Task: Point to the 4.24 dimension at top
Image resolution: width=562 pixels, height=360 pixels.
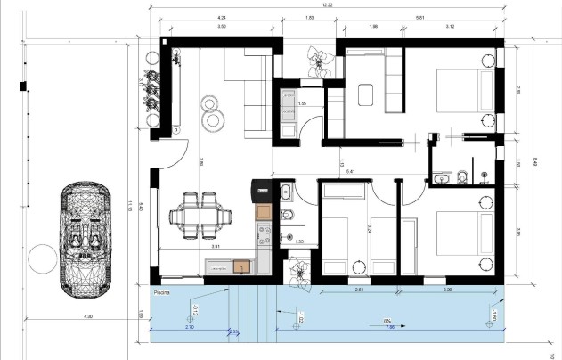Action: coord(220,17)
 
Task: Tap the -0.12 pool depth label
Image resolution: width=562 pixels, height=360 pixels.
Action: coord(194,310)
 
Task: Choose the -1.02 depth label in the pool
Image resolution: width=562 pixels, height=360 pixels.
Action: coord(300,316)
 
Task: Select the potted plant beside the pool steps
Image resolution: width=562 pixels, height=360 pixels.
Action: coord(298,269)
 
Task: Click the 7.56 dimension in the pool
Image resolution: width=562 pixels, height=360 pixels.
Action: coord(389,327)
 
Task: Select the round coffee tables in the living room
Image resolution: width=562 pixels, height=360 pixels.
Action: coord(213,110)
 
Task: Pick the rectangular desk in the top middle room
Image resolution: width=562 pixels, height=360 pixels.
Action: coord(365,94)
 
